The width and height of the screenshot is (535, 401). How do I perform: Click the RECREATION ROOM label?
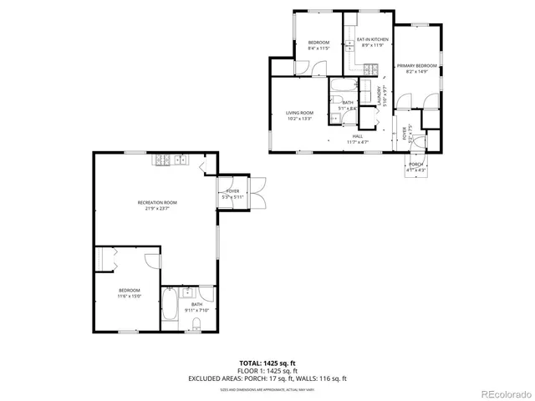(157, 203)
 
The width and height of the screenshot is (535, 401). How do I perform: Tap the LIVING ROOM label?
(299, 113)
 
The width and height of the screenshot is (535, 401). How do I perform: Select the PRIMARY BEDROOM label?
(416, 65)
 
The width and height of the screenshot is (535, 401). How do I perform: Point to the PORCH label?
(415, 165)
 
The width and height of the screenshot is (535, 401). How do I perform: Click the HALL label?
(357, 135)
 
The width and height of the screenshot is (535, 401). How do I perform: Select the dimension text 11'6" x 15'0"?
(129, 296)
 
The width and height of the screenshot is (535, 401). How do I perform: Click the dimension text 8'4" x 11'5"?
(318, 48)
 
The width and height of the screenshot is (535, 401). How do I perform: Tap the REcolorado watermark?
(502, 393)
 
